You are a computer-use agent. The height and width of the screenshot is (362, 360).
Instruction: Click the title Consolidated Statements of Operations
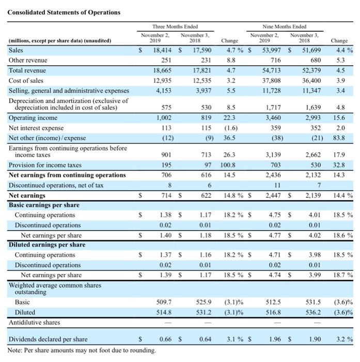click(64, 12)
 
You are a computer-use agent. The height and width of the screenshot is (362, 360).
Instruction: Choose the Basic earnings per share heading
click(44, 205)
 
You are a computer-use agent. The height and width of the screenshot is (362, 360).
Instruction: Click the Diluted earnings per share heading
click(47, 245)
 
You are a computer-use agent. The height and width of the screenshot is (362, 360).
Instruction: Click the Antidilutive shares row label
click(35, 322)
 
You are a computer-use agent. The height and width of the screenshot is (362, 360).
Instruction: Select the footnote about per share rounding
click(82, 351)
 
